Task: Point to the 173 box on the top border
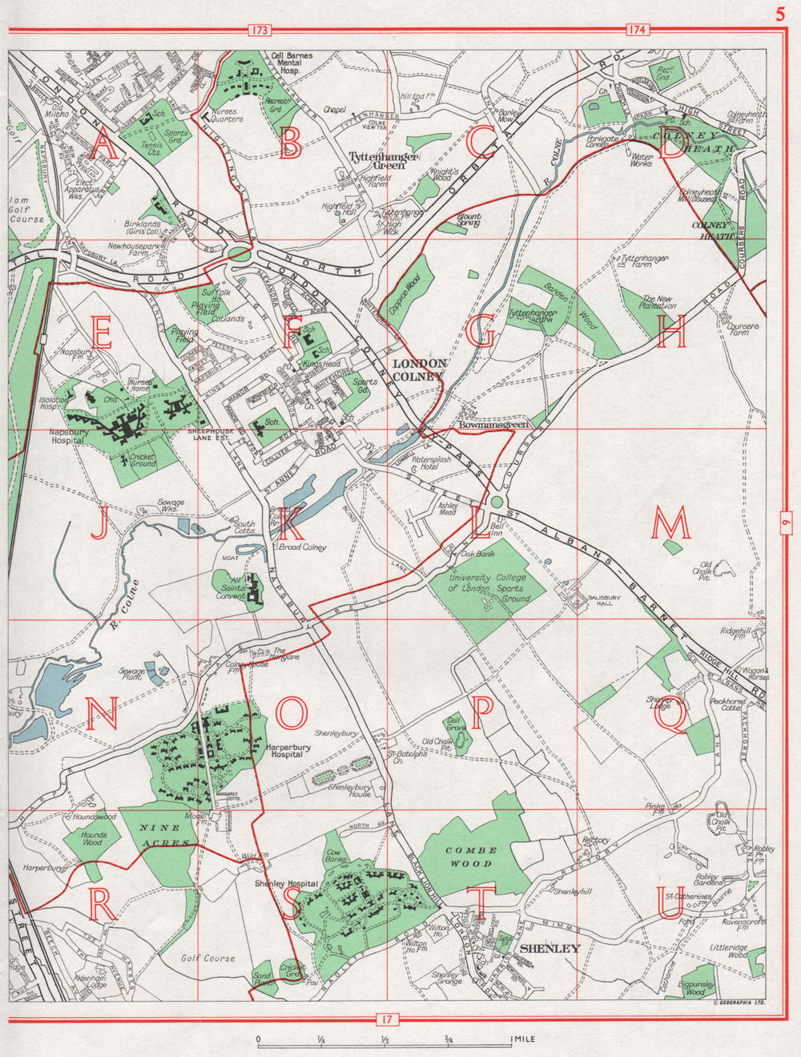(x=260, y=30)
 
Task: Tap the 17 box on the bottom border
(x=386, y=1019)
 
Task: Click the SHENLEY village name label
(x=549, y=949)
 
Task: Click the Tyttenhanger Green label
(x=383, y=162)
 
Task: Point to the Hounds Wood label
(x=94, y=837)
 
